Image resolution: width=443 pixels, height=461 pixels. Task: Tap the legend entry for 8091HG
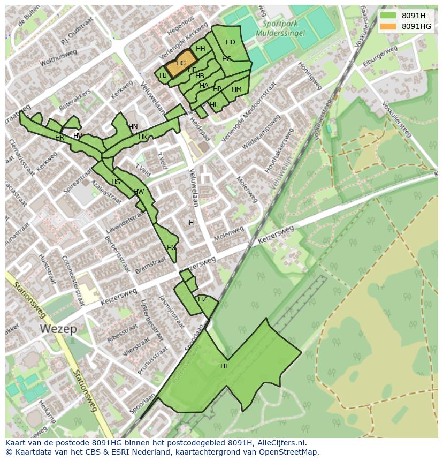[416, 26]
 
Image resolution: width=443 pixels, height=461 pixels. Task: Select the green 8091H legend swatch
[388, 16]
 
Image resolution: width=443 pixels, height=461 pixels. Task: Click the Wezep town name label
[59, 329]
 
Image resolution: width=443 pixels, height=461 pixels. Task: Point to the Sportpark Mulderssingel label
[284, 28]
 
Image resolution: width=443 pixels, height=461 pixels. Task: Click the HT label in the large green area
[225, 366]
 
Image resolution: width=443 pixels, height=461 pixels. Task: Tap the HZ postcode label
[202, 299]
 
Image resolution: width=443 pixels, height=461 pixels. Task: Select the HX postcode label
[171, 248]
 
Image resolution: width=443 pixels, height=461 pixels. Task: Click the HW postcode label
[139, 192]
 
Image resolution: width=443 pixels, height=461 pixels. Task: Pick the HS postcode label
[116, 182]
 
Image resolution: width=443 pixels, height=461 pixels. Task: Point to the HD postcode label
[231, 42]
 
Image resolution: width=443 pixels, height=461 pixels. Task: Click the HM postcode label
[236, 89]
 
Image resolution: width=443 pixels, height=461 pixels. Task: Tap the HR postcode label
[59, 138]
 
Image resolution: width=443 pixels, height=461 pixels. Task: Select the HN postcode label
[133, 127]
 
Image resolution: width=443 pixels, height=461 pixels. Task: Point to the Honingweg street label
[310, 77]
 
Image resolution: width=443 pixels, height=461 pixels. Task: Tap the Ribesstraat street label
[121, 332]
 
